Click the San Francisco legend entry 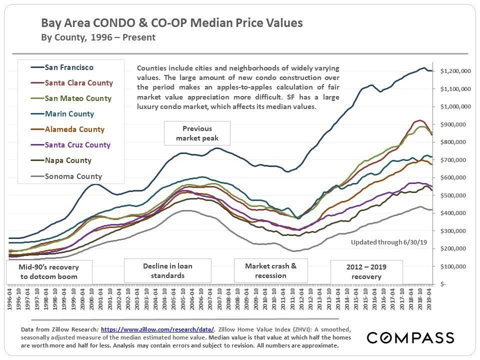tap(69, 67)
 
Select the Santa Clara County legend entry tap(79, 83)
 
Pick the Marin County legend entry tap(69, 114)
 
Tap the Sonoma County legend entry tap(73, 176)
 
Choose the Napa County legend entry tap(68, 160)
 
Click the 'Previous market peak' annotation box tap(197, 133)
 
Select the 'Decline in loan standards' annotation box tap(167, 270)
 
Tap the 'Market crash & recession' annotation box tap(270, 270)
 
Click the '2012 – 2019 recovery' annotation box tap(366, 271)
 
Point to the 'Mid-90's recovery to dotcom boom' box tap(49, 271)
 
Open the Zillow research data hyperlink tap(157, 329)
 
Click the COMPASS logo tap(410, 337)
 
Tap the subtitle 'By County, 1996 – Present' tap(98, 37)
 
